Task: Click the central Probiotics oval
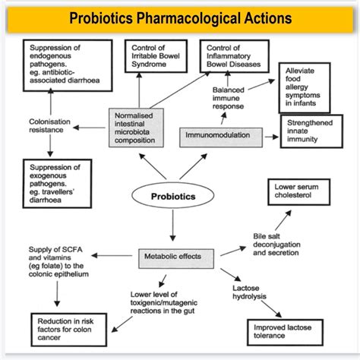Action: click(173, 196)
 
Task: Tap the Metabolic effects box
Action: click(172, 256)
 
